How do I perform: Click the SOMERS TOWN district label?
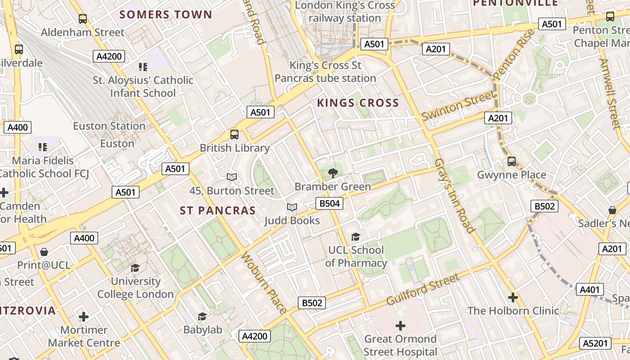pyautogui.click(x=166, y=14)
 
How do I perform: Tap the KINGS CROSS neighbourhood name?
pyautogui.click(x=358, y=103)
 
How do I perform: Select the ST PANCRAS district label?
pyautogui.click(x=218, y=211)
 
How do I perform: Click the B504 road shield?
pyautogui.click(x=329, y=203)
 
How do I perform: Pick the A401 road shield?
pyautogui.click(x=589, y=290)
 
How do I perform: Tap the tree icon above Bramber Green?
pyautogui.click(x=333, y=173)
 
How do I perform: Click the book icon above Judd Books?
pyautogui.click(x=292, y=207)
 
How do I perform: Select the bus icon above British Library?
pyautogui.click(x=234, y=134)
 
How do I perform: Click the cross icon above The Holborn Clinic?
pyautogui.click(x=513, y=297)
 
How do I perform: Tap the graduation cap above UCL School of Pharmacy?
pyautogui.click(x=355, y=237)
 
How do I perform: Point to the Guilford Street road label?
pyautogui.click(x=423, y=289)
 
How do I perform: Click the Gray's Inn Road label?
pyautogui.click(x=454, y=196)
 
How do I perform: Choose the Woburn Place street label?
pyautogui.click(x=264, y=283)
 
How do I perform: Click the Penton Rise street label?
pyautogui.click(x=513, y=54)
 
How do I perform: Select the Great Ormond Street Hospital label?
pyautogui.click(x=400, y=345)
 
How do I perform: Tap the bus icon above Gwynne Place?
pyautogui.click(x=511, y=162)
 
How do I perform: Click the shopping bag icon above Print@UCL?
pyautogui.click(x=44, y=252)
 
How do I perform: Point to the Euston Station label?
pyautogui.click(x=109, y=126)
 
